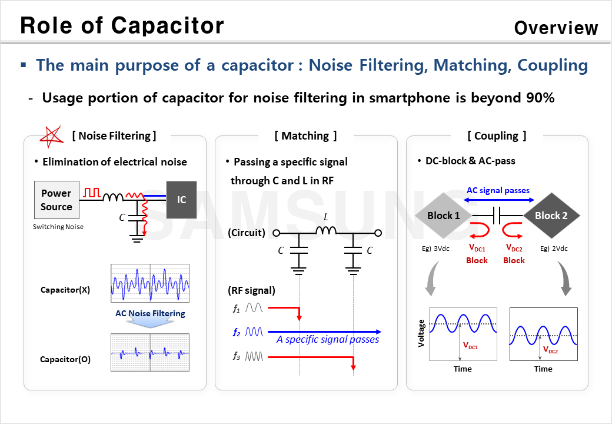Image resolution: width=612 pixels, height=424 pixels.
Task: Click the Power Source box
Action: tap(56, 200)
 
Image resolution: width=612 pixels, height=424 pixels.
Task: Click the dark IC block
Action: tap(182, 200)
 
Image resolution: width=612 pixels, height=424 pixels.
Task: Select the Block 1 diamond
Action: tap(444, 216)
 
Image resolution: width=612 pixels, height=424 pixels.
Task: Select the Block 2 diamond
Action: tap(551, 216)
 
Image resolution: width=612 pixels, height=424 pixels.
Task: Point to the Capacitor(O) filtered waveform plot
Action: tap(150, 353)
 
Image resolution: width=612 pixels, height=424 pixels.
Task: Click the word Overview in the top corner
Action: tap(556, 28)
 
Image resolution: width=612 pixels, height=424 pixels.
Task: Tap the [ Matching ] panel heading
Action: tap(306, 136)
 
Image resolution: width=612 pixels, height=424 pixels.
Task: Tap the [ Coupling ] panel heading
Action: tap(497, 136)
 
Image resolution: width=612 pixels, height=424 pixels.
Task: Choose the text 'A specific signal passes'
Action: tap(328, 340)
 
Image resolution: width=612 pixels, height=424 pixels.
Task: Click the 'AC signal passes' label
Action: tap(498, 190)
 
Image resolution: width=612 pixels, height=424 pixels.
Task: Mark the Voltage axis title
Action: tap(421, 333)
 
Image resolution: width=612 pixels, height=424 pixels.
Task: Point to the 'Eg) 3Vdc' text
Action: tap(435, 249)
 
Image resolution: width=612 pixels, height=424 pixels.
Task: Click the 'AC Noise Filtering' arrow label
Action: tap(150, 314)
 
